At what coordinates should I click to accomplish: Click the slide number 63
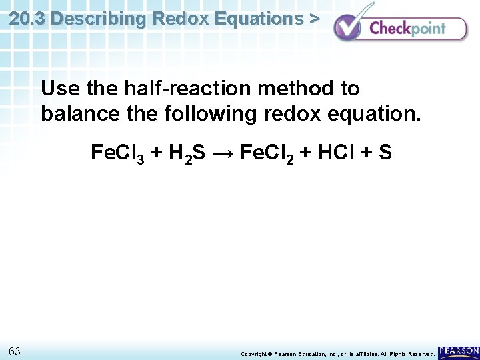click(15, 351)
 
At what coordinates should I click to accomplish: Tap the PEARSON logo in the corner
click(459, 351)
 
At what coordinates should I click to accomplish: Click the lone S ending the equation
click(385, 153)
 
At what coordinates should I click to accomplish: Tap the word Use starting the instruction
click(59, 88)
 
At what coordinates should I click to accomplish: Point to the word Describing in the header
click(99, 19)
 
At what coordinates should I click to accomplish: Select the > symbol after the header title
click(313, 19)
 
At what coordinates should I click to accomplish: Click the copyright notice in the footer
click(337, 353)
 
